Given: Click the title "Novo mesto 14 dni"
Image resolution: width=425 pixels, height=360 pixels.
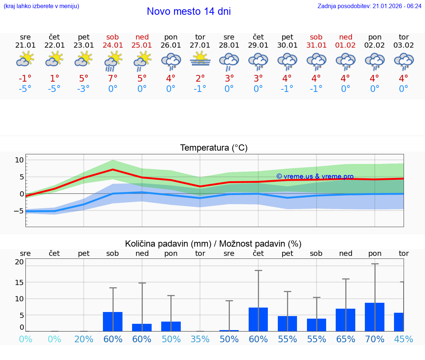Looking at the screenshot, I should pos(189,11).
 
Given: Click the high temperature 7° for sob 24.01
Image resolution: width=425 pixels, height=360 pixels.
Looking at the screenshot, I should pos(113,79).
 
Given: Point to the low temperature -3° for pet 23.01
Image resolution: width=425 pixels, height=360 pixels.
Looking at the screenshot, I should pos(83,89).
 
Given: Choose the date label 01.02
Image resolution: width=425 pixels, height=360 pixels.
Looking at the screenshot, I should pos(346,45).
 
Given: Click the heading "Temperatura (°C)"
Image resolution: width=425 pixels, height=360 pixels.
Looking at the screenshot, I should pos(214,148).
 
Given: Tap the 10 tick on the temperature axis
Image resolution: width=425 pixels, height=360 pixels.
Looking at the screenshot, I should pos(19,160).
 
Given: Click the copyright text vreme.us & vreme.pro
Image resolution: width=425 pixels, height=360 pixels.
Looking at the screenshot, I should pos(315,176).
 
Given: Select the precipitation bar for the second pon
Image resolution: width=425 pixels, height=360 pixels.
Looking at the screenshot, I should pos(374,317).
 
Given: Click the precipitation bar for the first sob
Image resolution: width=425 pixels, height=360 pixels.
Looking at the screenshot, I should pos(113,322).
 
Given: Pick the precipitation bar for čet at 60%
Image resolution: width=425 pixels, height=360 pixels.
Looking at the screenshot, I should pos(258,319).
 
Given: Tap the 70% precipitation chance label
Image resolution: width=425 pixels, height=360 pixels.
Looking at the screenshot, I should pos(375,339).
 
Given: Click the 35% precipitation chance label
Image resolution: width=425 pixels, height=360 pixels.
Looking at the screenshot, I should pos(200,339).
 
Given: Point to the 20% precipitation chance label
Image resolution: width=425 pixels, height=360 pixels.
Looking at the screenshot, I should pos(84,339).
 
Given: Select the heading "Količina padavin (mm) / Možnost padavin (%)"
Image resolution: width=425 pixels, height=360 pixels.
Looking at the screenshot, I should pos(213,244).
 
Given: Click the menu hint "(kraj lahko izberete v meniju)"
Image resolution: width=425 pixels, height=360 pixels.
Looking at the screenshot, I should pos(41,6).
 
